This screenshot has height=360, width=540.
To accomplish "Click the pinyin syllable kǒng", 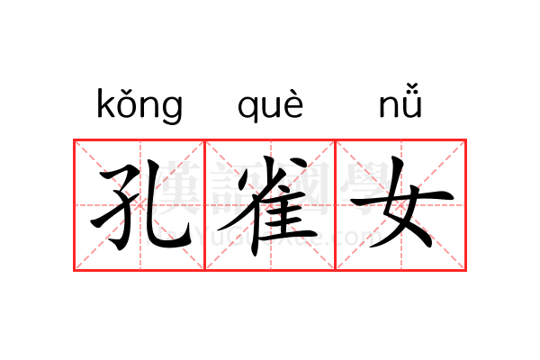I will (x=139, y=106).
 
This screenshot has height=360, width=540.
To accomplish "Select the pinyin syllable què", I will (x=271, y=106).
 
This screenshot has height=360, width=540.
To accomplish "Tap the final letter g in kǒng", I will (x=172, y=110).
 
